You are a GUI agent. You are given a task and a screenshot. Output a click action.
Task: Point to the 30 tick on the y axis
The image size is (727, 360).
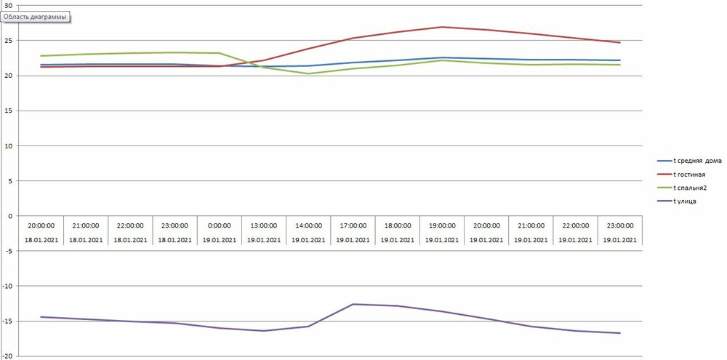pos(9,5)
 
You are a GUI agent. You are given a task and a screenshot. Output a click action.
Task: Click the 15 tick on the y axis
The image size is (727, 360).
pos(9,111)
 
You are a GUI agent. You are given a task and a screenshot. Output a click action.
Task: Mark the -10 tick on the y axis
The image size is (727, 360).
pos(7,286)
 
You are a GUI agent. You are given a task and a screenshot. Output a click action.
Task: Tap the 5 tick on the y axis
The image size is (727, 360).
pos(10,181)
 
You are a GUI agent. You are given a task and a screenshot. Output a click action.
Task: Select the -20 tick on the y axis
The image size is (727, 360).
pos(7,356)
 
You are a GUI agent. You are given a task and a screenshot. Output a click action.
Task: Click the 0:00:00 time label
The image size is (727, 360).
pos(219,225)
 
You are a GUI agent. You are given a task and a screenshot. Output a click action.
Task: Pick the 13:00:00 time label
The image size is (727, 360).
pos(263,225)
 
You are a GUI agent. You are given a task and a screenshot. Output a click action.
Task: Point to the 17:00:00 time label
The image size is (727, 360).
pos(353,225)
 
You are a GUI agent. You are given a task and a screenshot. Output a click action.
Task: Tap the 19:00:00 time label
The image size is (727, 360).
pos(442,225)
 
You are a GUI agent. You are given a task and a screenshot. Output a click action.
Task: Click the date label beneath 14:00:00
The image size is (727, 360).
pos(308,240)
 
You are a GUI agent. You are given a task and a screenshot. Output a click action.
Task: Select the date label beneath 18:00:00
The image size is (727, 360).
pos(398,240)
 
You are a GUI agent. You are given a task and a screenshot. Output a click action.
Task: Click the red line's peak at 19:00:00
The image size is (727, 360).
pos(442,27)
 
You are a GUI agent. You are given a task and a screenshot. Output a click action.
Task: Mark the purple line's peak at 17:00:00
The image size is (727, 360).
pos(353,304)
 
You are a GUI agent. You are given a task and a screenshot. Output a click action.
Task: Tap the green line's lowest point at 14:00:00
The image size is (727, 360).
pos(308,73)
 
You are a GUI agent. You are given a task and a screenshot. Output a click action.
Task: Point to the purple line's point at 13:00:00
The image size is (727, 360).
pos(263,331)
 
